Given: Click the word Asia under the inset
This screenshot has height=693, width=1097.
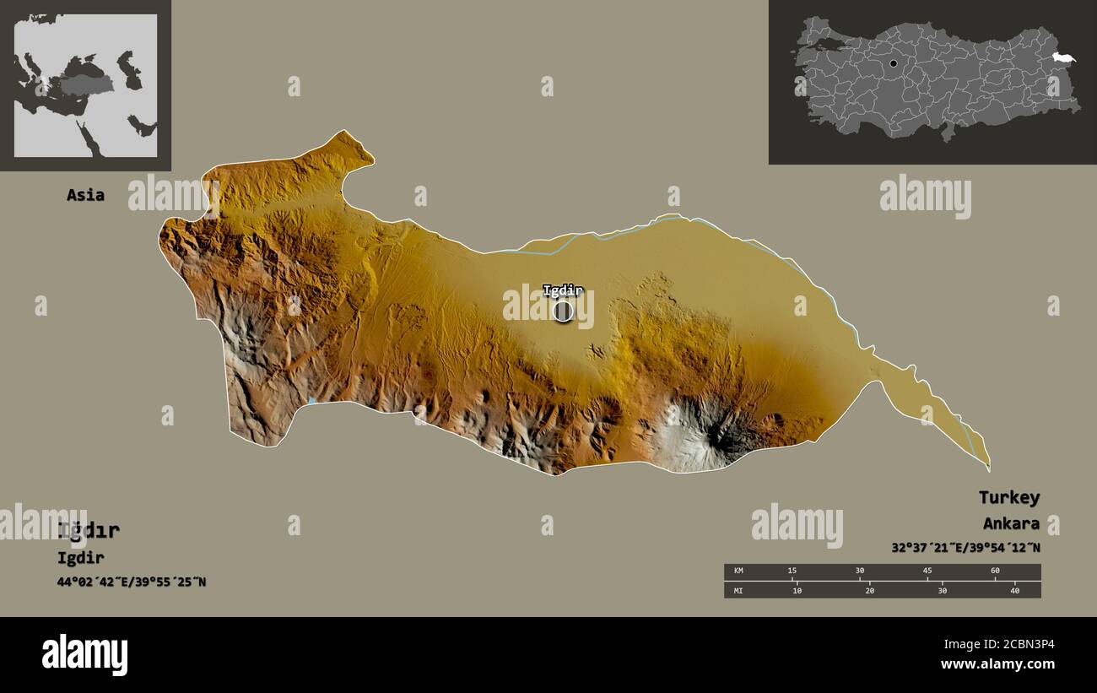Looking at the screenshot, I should (x=85, y=195).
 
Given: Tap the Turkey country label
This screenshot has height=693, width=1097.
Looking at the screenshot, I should (x=1008, y=497).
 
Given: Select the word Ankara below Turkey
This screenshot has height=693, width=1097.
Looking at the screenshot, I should (x=1010, y=523).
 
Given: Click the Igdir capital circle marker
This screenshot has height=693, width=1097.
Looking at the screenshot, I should (x=563, y=311).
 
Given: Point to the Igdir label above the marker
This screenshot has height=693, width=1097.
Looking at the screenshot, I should (x=562, y=290).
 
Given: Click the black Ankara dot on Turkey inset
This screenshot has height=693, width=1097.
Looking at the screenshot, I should (x=893, y=63).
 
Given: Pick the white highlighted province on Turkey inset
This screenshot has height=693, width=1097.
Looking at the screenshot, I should (x=1063, y=57).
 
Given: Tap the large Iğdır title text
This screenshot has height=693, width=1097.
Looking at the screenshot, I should (x=89, y=531).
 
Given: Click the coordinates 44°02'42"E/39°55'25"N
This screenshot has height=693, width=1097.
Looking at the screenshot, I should (x=132, y=582).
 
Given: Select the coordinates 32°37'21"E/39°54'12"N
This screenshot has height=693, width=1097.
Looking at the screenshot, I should (x=965, y=548).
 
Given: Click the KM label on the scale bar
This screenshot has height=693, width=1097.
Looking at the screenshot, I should (x=738, y=571).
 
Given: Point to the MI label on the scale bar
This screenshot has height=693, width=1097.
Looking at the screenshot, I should (x=738, y=590).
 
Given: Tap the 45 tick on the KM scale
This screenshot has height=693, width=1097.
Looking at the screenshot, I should (x=927, y=571).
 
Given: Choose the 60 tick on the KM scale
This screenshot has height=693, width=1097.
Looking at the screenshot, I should (x=995, y=571).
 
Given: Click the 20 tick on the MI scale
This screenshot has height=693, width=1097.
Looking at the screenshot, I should (x=869, y=590).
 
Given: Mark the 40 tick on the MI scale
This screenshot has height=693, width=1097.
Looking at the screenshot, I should (x=1014, y=590).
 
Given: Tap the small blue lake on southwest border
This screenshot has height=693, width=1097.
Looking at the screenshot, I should (x=311, y=401).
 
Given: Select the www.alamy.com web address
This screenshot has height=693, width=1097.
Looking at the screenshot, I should (x=997, y=665).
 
